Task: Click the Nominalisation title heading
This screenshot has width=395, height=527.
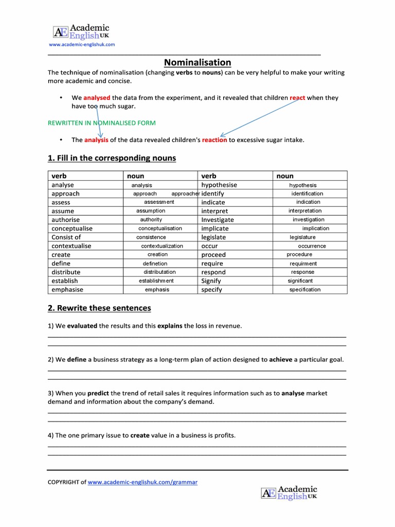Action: click(197, 62)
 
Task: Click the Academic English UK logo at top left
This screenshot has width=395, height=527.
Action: click(81, 32)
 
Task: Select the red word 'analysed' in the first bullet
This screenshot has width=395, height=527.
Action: click(97, 97)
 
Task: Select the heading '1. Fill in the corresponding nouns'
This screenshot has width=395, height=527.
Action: click(112, 158)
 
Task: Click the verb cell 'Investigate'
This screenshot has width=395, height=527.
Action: click(217, 220)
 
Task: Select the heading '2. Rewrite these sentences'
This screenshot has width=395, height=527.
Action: click(99, 308)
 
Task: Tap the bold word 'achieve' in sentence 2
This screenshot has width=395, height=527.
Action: click(280, 359)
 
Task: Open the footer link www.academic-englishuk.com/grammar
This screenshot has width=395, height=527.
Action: click(142, 482)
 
